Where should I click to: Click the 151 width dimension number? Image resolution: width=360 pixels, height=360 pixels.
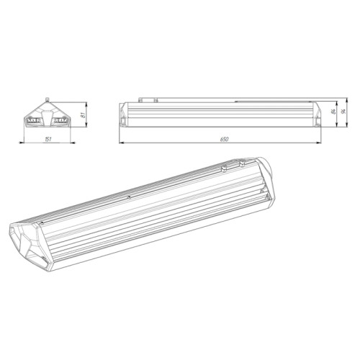point(48,139)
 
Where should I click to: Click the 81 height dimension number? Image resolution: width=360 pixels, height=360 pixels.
point(84,115)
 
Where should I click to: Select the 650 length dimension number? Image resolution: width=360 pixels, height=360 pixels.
point(225,139)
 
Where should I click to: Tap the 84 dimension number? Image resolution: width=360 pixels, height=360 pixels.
point(333,112)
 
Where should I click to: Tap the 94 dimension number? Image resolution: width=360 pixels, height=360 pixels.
point(343,112)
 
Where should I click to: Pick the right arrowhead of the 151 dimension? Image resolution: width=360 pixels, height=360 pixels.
point(73,143)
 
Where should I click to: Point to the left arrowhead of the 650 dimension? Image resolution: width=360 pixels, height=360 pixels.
point(122,143)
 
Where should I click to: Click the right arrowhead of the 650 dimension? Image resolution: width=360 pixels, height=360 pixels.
point(318,143)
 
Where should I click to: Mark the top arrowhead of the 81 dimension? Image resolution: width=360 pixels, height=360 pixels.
point(86,105)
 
